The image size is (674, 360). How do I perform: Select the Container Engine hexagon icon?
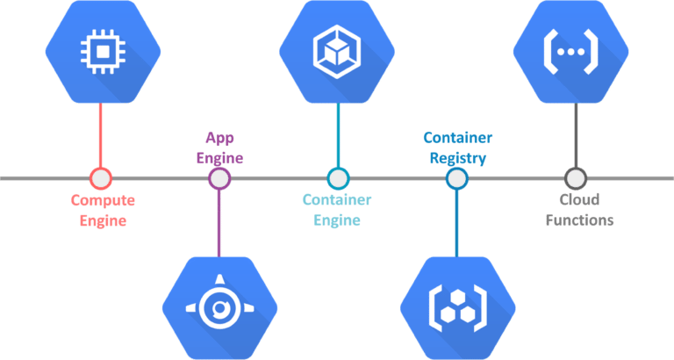[338, 50]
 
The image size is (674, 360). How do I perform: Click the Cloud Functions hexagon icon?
[574, 50]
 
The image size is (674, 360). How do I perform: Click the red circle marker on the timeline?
[101, 178]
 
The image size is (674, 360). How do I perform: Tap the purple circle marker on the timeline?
[219, 178]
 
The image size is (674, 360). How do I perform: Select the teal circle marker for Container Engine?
[338, 178]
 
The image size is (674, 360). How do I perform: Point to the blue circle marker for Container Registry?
[456, 178]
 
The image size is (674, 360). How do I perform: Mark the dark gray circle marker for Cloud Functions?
[574, 178]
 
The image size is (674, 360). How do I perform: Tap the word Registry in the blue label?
[457, 158]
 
